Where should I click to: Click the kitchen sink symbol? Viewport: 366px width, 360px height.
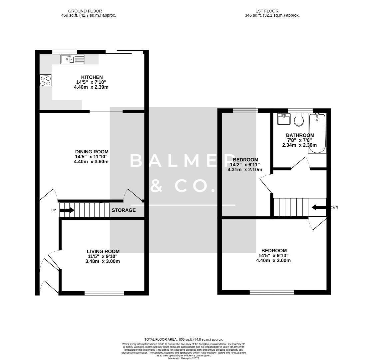73,60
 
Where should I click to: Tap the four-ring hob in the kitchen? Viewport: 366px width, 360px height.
46,80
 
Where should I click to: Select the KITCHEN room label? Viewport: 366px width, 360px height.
92,77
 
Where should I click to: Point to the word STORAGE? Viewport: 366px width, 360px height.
124,210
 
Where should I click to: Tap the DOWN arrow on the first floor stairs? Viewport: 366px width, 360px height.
318,207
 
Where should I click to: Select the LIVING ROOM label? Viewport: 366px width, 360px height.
103,251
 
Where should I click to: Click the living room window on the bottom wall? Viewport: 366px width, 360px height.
104,293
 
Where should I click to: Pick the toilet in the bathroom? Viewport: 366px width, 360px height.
299,119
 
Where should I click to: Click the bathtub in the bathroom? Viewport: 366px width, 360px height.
317,133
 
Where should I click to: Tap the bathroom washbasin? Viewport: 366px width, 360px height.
284,119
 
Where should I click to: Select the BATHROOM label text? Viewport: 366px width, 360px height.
300,135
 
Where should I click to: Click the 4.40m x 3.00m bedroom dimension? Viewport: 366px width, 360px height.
273,260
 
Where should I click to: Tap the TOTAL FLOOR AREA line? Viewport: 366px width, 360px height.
183,339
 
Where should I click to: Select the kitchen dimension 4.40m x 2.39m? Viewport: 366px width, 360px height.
91,87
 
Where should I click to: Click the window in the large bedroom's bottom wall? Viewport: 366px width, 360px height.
272,292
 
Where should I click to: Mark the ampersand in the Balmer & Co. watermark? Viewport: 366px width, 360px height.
156,186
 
